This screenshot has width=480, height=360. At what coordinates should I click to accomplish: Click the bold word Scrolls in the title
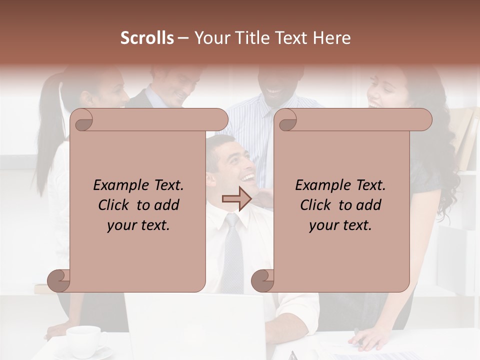147,38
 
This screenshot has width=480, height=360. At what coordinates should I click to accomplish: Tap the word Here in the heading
333,38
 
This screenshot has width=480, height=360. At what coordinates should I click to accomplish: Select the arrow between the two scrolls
236,198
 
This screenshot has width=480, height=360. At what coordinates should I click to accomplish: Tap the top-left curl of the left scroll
81,119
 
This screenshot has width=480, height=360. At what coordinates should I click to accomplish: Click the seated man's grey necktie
232,250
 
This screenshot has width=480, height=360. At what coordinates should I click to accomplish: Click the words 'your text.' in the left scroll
138,225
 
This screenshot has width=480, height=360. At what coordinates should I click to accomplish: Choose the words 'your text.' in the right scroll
340,225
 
